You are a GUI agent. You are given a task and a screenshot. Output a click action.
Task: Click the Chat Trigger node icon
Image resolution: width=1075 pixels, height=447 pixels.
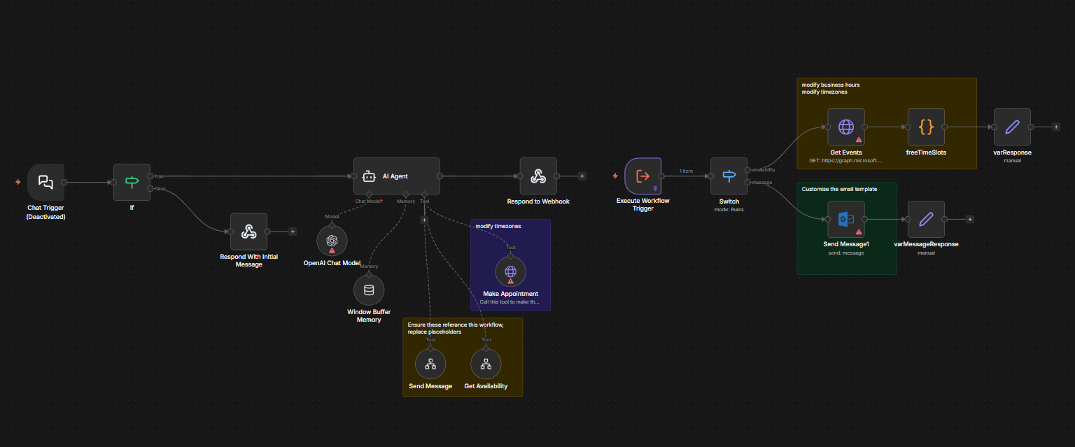pos(45,182)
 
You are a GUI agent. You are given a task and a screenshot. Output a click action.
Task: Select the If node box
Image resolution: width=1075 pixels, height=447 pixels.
pos(132,182)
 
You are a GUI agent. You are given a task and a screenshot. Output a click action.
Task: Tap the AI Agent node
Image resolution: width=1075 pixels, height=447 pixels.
pos(396,176)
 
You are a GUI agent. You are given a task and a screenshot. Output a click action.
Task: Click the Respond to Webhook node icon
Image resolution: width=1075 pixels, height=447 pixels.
pos(537,176)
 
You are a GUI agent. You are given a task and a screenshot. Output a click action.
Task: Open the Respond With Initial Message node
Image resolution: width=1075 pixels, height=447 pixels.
pos(248,232)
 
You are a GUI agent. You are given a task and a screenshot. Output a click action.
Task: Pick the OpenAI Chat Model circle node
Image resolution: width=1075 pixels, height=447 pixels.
pos(332,241)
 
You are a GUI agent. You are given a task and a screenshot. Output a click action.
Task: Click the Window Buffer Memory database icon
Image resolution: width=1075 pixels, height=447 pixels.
pos(369,290)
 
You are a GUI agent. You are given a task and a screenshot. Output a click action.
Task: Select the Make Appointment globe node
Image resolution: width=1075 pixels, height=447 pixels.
pos(510,271)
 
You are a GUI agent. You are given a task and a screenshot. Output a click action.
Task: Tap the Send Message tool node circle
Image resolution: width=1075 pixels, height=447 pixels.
pos(430,364)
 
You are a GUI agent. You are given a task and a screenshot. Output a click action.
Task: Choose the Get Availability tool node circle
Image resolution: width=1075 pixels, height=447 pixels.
pos(486,364)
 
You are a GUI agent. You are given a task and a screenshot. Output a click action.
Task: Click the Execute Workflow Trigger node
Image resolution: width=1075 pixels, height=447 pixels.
pos(642,176)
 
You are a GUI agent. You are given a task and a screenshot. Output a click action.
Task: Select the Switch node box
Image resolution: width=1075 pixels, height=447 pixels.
pos(729,176)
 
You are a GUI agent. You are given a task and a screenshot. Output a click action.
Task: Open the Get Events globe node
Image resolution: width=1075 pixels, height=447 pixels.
pos(846,127)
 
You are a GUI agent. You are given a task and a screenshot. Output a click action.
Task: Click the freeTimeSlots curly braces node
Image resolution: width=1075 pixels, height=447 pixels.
pos(926,127)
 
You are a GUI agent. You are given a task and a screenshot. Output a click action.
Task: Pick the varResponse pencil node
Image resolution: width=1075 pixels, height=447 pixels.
pos(1012,127)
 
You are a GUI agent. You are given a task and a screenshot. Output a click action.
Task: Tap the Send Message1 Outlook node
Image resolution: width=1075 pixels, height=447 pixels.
pos(846,219)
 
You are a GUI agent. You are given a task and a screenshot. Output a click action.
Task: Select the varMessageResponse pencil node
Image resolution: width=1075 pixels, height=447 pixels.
pos(926,219)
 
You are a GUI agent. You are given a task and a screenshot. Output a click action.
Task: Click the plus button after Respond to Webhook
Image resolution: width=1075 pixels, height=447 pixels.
pos(582,176)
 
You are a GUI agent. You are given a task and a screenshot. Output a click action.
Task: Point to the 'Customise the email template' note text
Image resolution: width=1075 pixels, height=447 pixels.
pos(839,189)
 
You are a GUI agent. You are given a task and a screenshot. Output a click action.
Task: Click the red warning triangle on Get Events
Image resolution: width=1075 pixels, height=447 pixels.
pos(858,140)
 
